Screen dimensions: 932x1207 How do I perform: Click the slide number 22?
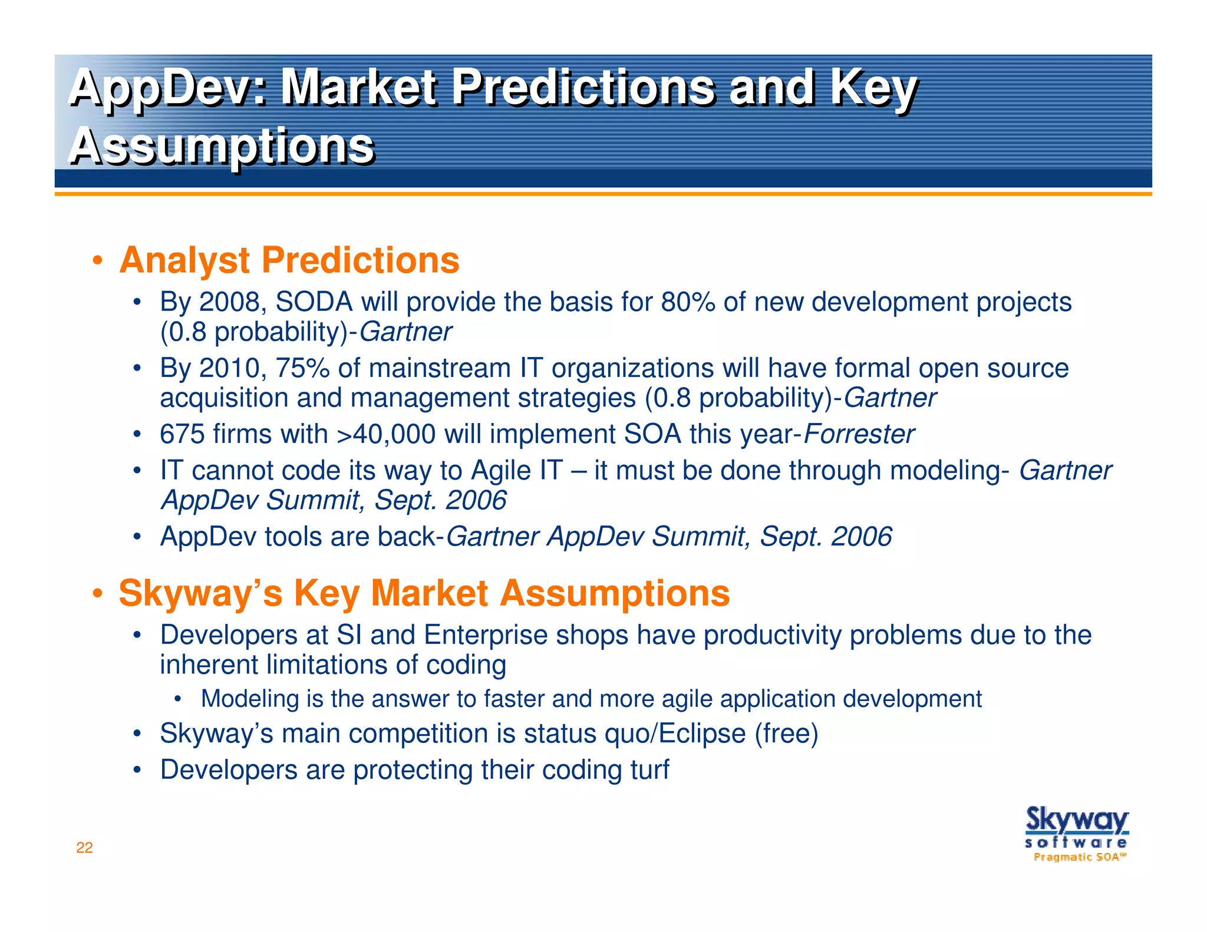[84, 848]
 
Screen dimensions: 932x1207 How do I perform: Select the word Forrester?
[859, 434]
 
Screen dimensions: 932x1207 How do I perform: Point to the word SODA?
[314, 302]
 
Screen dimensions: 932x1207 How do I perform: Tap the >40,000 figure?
[386, 434]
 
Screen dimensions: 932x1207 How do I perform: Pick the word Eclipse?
[702, 733]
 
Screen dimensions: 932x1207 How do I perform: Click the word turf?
[650, 770]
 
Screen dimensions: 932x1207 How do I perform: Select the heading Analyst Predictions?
[289, 260]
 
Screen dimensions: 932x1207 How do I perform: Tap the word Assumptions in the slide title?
[222, 146]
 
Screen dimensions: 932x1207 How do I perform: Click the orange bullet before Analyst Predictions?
[98, 261]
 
